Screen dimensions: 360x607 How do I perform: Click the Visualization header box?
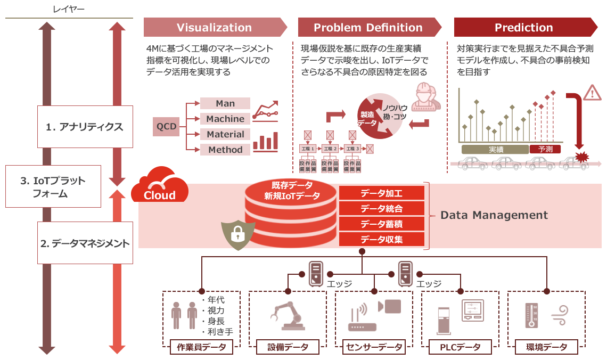click(x=215, y=28)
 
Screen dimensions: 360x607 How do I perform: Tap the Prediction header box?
click(x=524, y=28)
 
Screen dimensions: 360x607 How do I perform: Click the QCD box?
click(x=166, y=127)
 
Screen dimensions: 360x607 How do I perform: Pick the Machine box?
click(x=225, y=119)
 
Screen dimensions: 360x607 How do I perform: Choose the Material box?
click(x=225, y=134)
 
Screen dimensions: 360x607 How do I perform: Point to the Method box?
click(x=225, y=150)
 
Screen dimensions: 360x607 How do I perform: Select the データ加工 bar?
click(x=382, y=193)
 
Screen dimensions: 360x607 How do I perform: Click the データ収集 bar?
click(x=382, y=240)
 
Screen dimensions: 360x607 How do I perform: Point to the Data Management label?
click(x=494, y=215)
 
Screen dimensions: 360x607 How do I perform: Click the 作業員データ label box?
click(x=201, y=347)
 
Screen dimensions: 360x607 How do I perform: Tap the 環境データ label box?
click(x=546, y=347)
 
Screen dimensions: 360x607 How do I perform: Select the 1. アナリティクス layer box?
click(x=85, y=127)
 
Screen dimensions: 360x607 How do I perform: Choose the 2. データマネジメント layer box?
click(x=85, y=243)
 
